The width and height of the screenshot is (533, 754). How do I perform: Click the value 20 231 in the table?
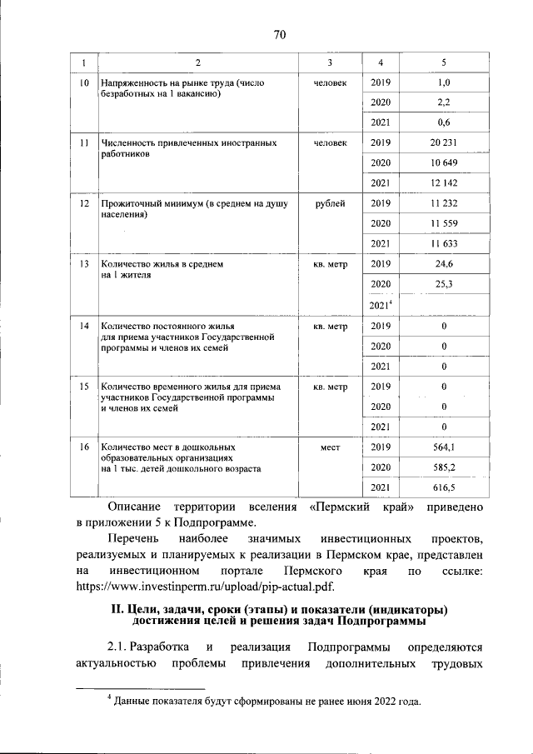click(x=443, y=142)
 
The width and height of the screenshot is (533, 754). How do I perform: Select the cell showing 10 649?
click(x=443, y=162)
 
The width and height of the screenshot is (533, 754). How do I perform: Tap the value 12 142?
click(x=443, y=182)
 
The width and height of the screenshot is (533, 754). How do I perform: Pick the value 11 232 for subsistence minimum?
click(x=443, y=203)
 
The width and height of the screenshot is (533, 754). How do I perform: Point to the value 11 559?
click(x=443, y=223)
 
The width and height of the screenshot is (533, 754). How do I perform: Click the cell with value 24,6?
click(x=443, y=264)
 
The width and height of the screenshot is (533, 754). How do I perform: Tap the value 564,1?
click(x=443, y=447)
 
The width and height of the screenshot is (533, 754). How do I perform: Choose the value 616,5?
click(x=443, y=487)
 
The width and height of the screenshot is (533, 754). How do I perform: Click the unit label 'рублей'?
click(x=330, y=203)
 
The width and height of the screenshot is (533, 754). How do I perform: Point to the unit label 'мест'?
click(x=330, y=447)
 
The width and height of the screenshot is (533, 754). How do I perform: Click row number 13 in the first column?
click(x=84, y=264)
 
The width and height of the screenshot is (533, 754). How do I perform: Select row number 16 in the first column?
click(x=84, y=447)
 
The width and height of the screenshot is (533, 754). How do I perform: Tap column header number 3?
click(x=330, y=63)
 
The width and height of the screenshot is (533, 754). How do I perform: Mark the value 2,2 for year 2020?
click(x=443, y=102)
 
